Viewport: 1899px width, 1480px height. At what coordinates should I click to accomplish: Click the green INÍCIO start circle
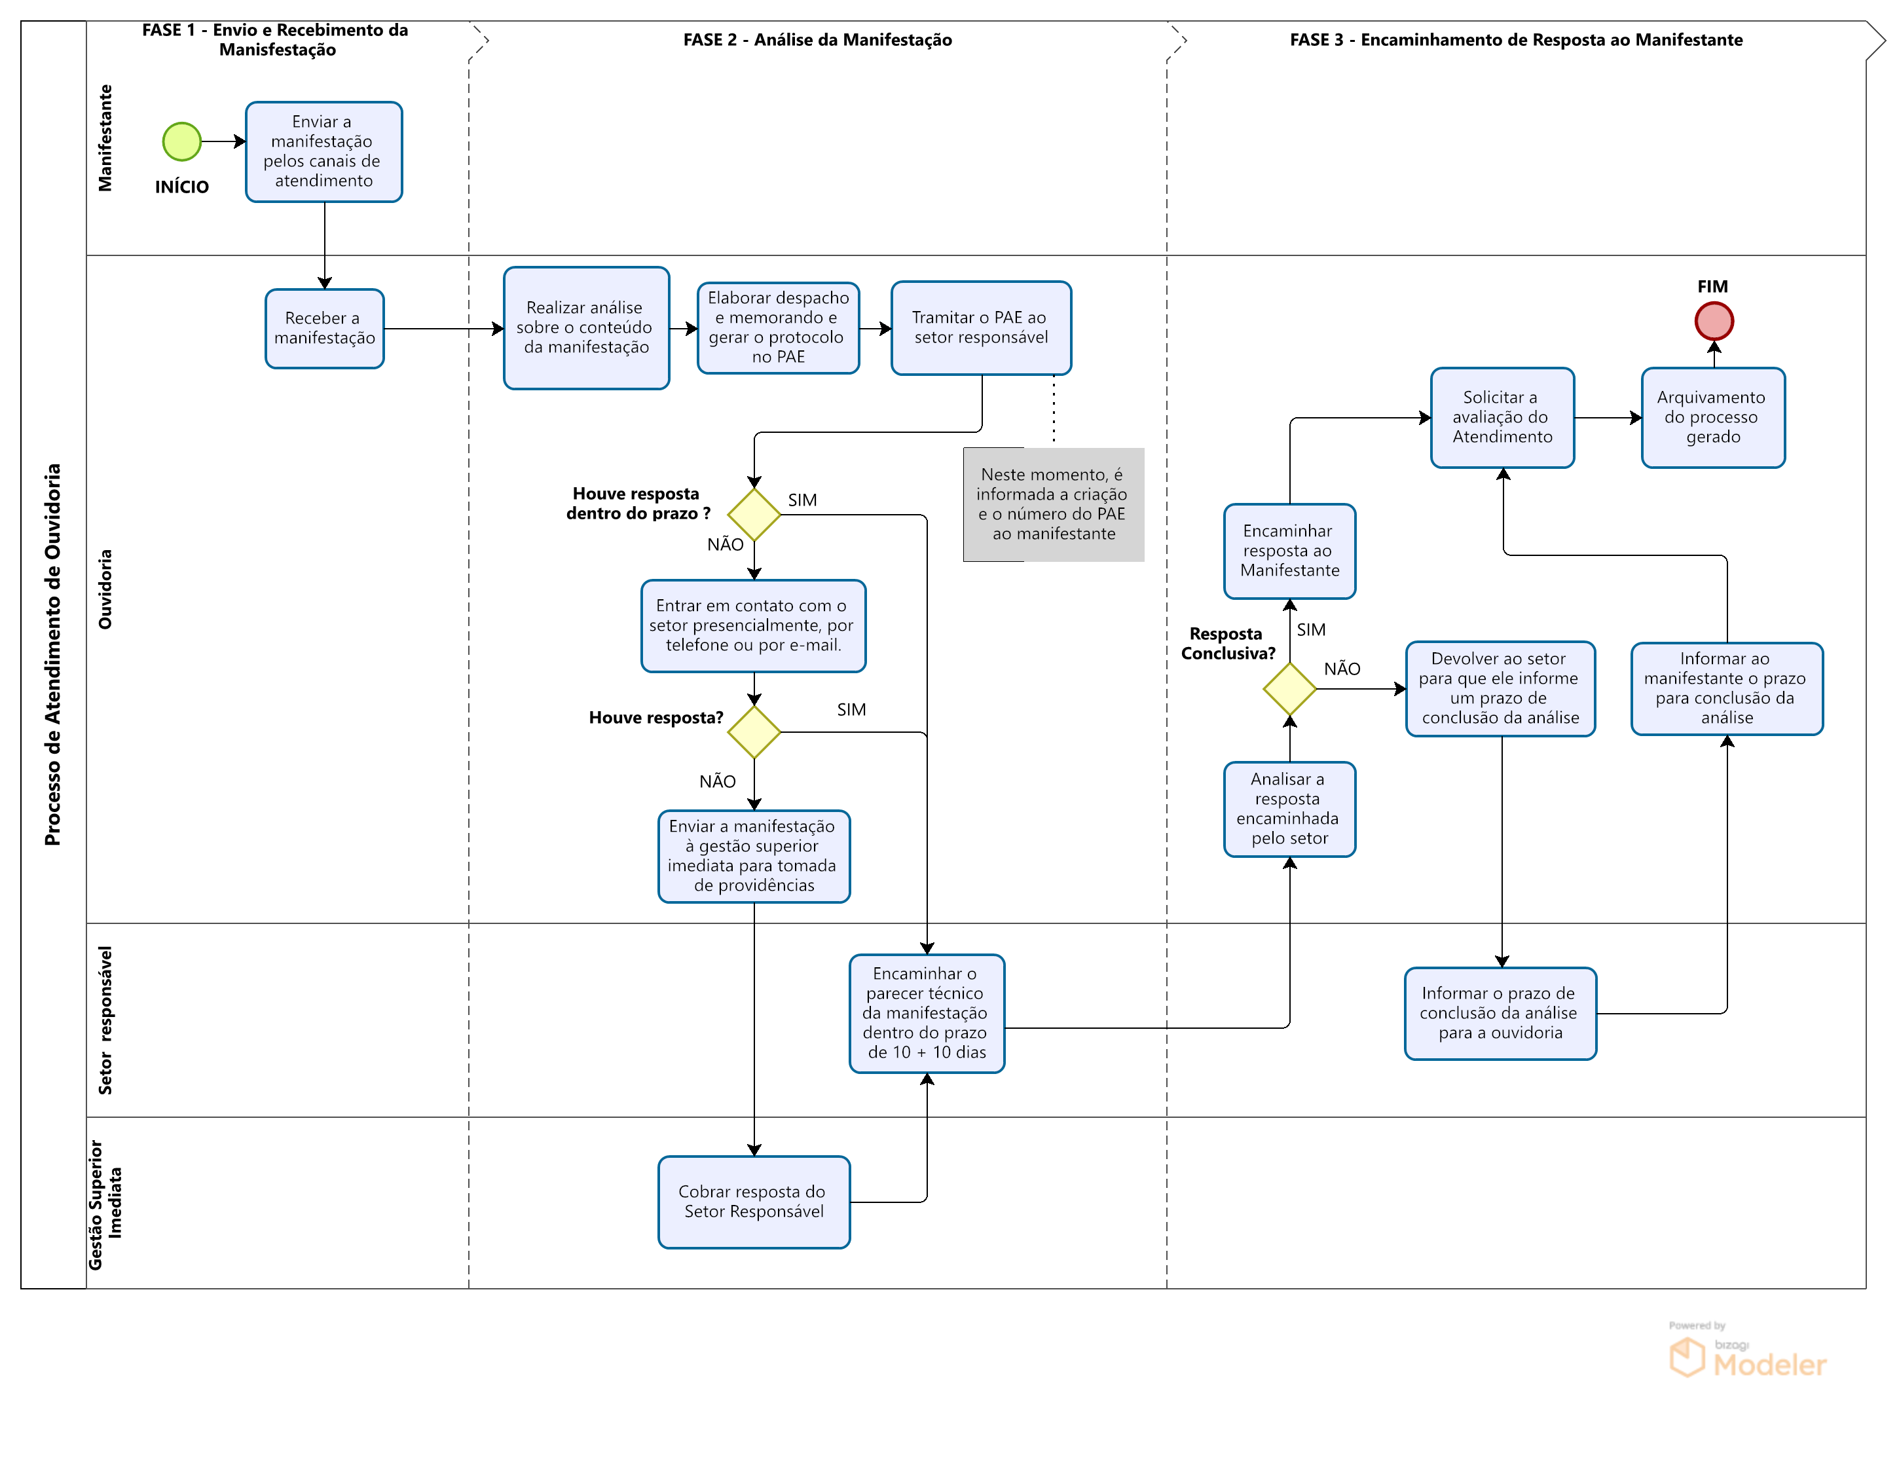coord(182,141)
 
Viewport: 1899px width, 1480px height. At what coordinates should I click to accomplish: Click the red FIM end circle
coord(1714,321)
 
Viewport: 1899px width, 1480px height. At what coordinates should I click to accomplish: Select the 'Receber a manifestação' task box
coord(324,329)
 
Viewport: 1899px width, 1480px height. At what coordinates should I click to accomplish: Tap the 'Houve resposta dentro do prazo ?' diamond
coord(754,515)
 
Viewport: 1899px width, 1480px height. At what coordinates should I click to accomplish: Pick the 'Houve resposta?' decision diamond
coord(754,732)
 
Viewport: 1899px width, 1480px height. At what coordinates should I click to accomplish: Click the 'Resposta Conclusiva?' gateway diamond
coord(1289,689)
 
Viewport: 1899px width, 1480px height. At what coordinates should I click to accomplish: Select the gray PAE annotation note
coord(1053,504)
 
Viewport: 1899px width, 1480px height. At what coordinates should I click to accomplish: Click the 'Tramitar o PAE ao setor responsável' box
coord(981,328)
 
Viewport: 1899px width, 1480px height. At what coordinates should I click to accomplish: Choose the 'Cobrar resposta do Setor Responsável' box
coord(754,1202)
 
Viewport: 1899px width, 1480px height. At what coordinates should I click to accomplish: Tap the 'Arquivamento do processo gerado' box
coord(1713,417)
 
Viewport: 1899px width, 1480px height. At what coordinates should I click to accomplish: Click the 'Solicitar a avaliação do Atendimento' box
coord(1503,417)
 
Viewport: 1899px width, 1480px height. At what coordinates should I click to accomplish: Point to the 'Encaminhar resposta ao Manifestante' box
coord(1289,551)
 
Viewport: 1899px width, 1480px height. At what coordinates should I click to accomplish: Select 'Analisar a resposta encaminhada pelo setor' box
coord(1289,809)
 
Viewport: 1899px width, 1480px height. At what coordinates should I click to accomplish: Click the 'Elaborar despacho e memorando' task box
coord(778,328)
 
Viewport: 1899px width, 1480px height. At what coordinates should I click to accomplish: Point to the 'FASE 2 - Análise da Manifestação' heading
coord(817,40)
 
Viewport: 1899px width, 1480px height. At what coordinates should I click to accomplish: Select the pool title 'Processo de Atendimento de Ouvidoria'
coord(53,654)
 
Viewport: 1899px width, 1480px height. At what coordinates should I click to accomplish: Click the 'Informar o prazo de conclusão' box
coord(1500,1013)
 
